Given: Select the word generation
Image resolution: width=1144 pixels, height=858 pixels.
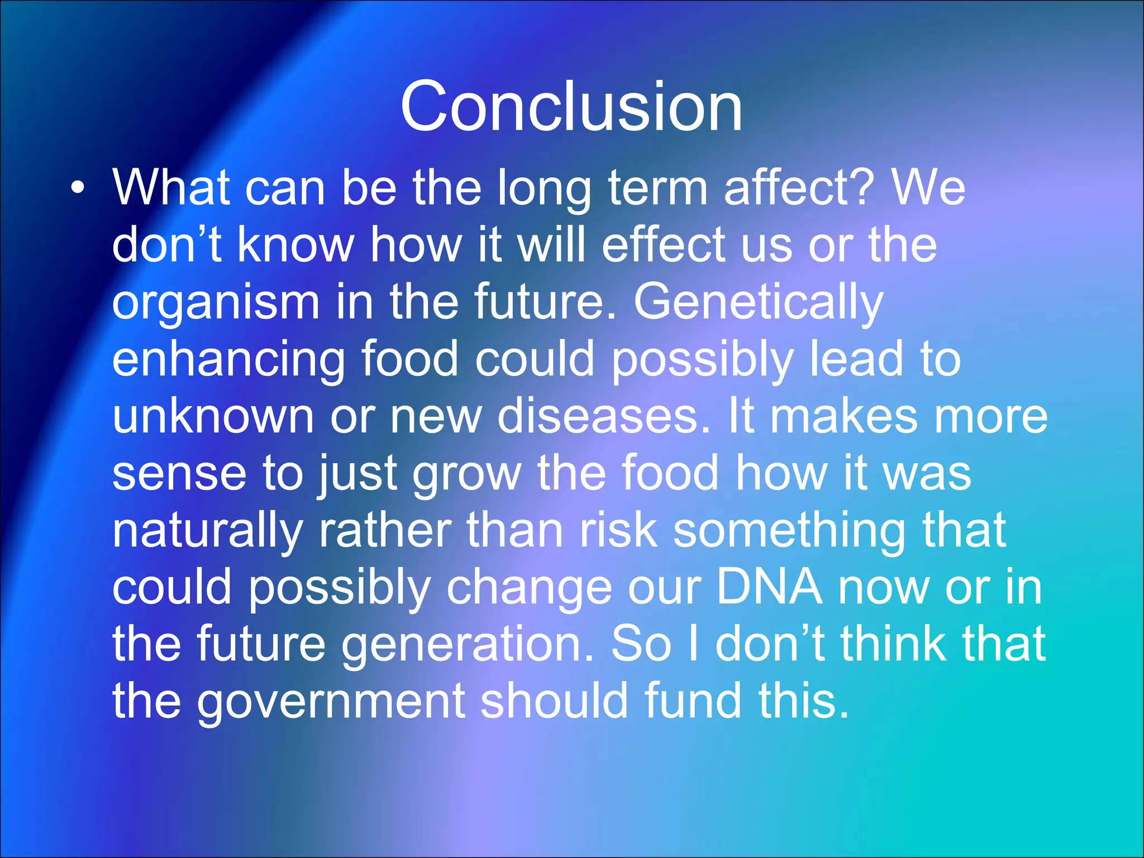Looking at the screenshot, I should pyautogui.click(x=467, y=647).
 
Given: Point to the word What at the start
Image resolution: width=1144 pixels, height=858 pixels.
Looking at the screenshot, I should pyautogui.click(x=171, y=187).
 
